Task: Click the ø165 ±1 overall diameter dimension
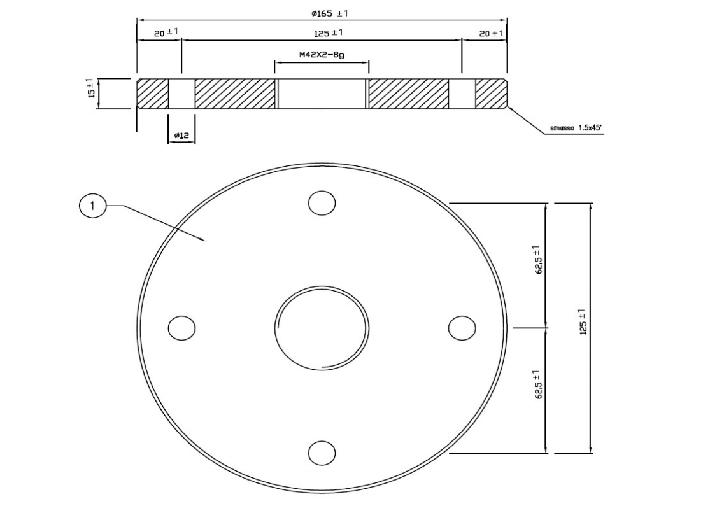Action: (x=330, y=13)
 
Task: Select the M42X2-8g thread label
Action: (x=322, y=55)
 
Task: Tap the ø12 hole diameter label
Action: (x=181, y=135)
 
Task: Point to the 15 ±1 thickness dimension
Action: (x=91, y=88)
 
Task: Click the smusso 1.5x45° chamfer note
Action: (x=576, y=128)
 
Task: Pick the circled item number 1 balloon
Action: (x=93, y=206)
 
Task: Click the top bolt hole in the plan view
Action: (x=322, y=203)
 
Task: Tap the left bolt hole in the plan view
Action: (x=181, y=328)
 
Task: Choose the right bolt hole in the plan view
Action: (x=462, y=328)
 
